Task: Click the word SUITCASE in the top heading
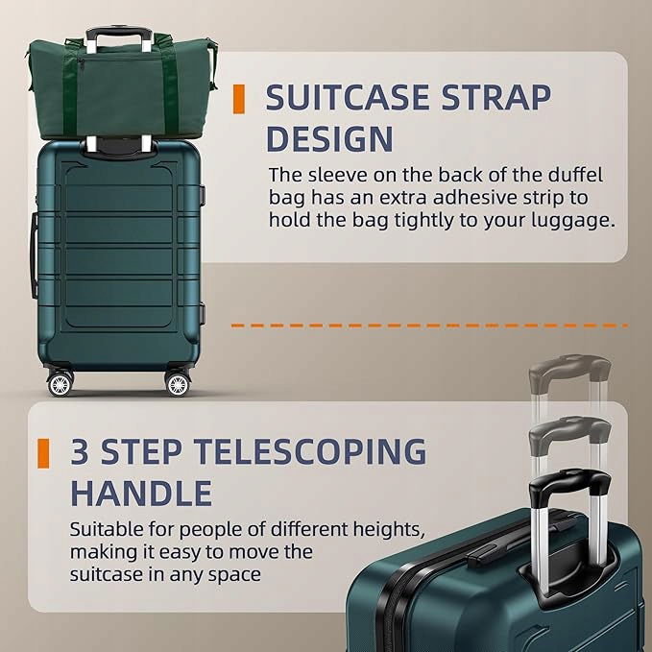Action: coord(348,97)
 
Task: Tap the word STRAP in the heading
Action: coord(496,97)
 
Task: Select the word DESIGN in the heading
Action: coord(329,138)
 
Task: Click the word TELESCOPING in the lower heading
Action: coord(310,451)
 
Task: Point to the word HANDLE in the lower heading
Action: coord(141,493)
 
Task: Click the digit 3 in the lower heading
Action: coord(81,451)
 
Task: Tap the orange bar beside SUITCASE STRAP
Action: coord(239,99)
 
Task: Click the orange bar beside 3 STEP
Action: coord(43,453)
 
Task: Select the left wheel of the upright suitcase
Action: coord(60,384)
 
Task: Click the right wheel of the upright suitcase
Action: coord(178,384)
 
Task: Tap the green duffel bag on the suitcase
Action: coord(122,88)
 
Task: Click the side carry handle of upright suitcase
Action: coord(33,255)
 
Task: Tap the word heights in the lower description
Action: coord(389,530)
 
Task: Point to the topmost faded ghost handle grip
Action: coord(569,367)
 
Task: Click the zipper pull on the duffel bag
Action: coord(81,64)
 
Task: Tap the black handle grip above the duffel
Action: coord(118,33)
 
